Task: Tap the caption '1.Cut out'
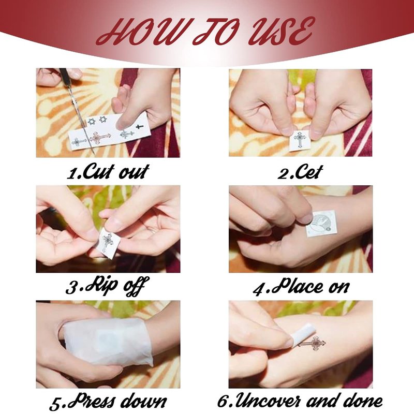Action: pos(108,172)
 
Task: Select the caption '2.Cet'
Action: pos(300,172)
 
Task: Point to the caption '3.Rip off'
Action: pos(107,286)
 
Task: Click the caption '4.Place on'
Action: pos(301,287)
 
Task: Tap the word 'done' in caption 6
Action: pos(361,401)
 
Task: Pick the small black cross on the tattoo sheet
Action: pos(139,127)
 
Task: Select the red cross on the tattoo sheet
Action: pos(100,137)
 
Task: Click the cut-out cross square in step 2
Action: pos(300,140)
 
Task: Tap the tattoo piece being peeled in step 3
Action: pos(108,243)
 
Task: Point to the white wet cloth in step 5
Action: pos(108,342)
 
